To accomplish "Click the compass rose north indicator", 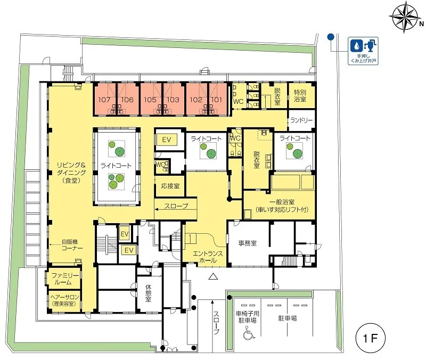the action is [405, 17].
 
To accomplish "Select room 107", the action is [105, 99].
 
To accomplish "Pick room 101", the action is [217, 99].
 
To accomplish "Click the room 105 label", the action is [150, 100].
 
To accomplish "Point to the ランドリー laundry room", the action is [301, 120].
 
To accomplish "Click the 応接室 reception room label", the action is [170, 186].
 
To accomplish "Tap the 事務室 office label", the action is [248, 243].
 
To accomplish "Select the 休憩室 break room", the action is [149, 293].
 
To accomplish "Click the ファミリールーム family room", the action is [63, 279].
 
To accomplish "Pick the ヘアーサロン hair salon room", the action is [64, 300].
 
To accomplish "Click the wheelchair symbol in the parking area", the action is [249, 334].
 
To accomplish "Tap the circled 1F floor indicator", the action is [371, 339].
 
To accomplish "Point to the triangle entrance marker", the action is [214, 276].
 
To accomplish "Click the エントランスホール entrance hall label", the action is [208, 257].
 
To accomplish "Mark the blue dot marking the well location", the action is [330, 36].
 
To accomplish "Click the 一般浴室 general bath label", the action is [282, 206].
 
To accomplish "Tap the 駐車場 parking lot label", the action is [287, 318].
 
